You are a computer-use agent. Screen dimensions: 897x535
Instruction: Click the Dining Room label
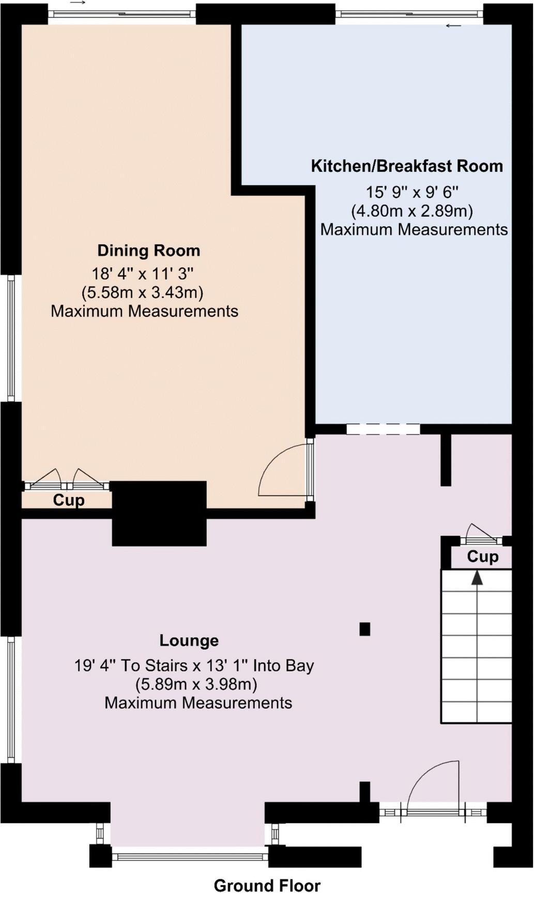[x=149, y=251]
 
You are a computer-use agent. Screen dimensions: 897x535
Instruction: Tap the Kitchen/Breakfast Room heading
[x=407, y=166]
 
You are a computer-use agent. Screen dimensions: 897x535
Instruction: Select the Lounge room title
[x=189, y=641]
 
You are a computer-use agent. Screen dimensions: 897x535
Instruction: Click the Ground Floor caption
[x=267, y=885]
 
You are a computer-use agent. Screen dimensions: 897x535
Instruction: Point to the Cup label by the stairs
[x=482, y=556]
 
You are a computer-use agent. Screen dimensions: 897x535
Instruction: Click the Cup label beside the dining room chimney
[x=69, y=500]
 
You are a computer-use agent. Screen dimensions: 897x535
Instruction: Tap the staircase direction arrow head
[x=477, y=578]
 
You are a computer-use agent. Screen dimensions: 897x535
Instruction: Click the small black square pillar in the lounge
[x=365, y=629]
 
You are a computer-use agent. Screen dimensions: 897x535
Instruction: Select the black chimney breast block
[x=159, y=513]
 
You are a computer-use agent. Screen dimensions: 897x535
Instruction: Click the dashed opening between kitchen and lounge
[x=383, y=429]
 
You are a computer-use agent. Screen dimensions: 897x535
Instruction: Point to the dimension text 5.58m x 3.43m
[x=143, y=293]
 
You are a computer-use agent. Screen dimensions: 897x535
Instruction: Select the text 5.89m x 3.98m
[x=196, y=685]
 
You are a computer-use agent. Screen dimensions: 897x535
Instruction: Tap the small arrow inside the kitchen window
[x=454, y=26]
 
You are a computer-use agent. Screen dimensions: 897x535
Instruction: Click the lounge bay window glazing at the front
[x=190, y=857]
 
